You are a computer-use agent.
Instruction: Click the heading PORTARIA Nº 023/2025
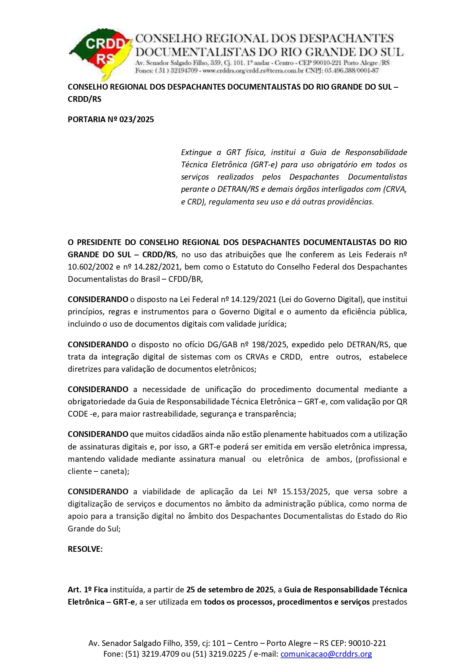click(x=111, y=119)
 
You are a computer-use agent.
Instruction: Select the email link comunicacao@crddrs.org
click(x=326, y=654)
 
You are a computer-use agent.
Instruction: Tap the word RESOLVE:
click(x=85, y=549)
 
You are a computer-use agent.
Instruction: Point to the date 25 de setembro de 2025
click(x=230, y=590)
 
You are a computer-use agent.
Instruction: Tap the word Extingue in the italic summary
click(x=196, y=152)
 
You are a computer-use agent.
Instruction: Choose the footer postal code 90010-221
click(x=367, y=643)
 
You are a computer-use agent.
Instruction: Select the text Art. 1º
click(x=80, y=590)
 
